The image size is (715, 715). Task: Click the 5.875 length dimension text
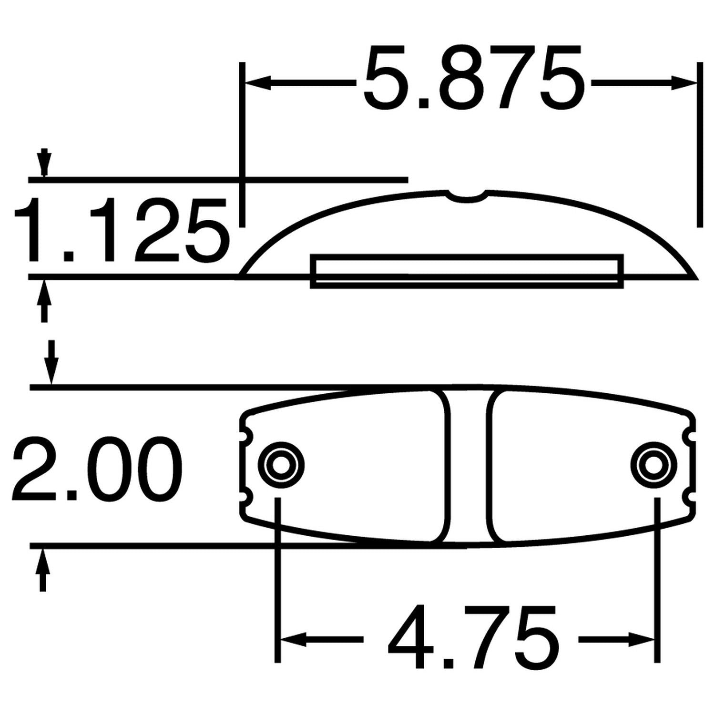pos(473,79)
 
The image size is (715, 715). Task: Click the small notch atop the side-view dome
pos(467,194)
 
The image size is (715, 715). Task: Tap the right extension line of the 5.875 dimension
pos(699,143)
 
